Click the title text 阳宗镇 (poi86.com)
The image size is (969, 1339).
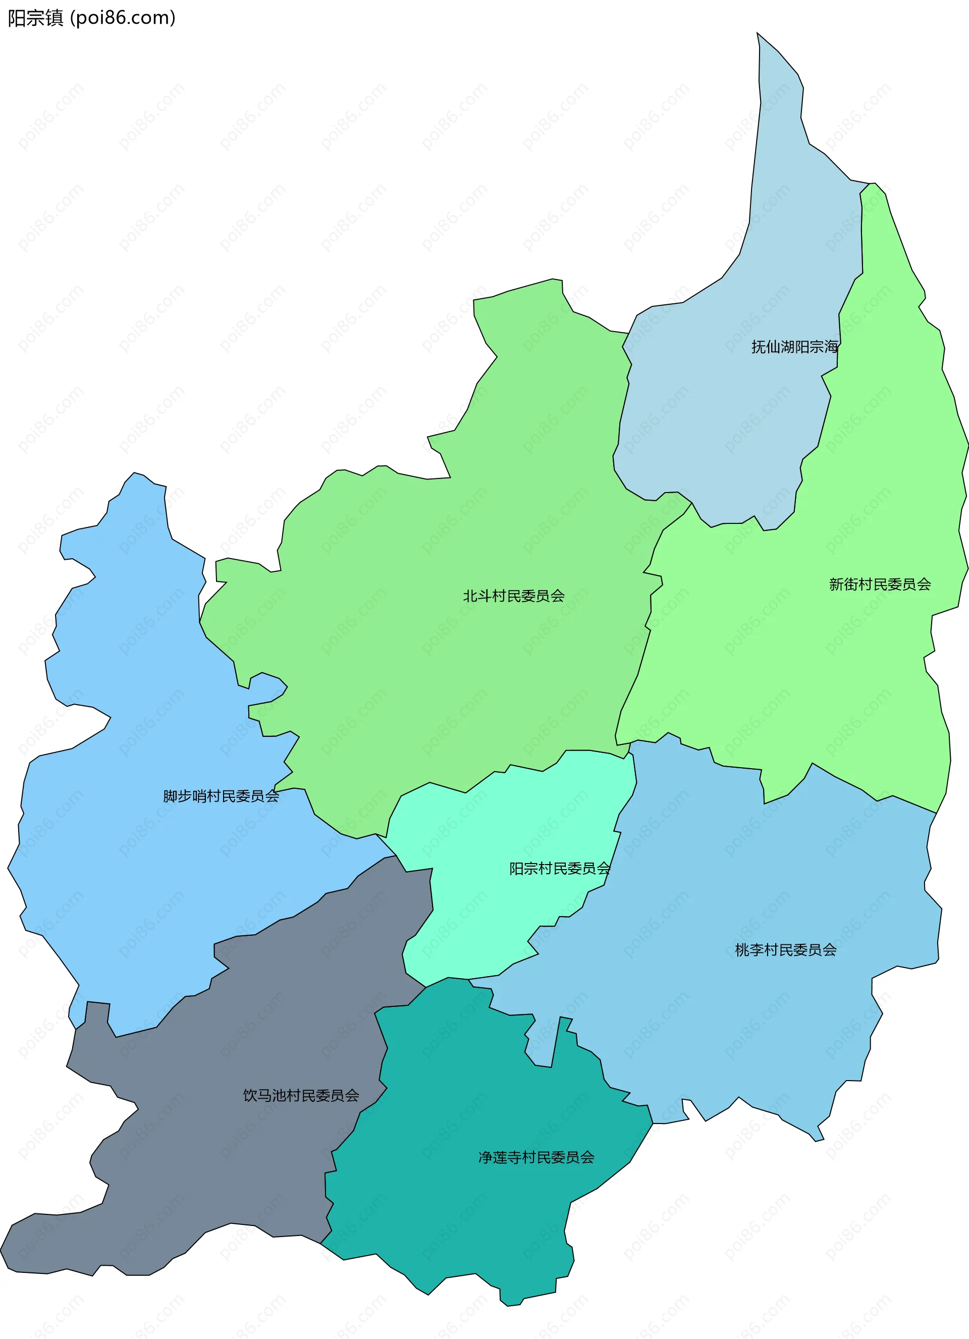pos(91,18)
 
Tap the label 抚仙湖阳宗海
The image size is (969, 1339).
pos(794,347)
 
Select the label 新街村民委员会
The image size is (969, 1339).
pos(880,584)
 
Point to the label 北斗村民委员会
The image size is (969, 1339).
pos(514,596)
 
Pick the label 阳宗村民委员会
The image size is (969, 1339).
pos(560,869)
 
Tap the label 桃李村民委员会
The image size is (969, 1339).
pos(785,950)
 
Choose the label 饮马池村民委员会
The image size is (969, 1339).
pos(301,1096)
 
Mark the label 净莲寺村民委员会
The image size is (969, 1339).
pos(536,1157)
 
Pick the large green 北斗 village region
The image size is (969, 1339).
pos(443,679)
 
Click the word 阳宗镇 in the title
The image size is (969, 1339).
pos(35,18)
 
